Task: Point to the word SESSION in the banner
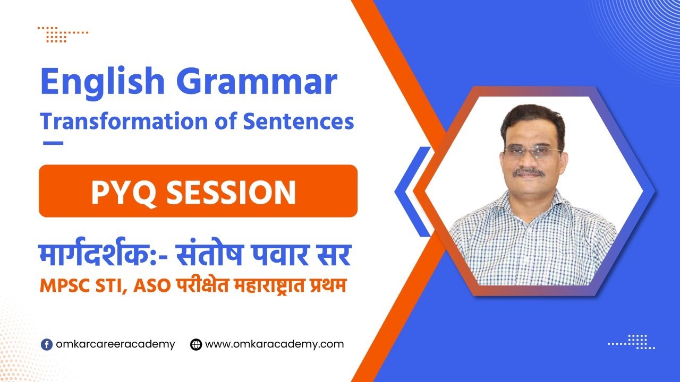click(x=231, y=192)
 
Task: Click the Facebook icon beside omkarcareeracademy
click(x=47, y=344)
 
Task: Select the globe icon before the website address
click(x=196, y=344)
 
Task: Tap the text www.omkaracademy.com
click(x=274, y=344)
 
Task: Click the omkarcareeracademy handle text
click(x=116, y=344)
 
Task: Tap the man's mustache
click(x=530, y=171)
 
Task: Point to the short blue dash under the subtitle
click(x=52, y=143)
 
